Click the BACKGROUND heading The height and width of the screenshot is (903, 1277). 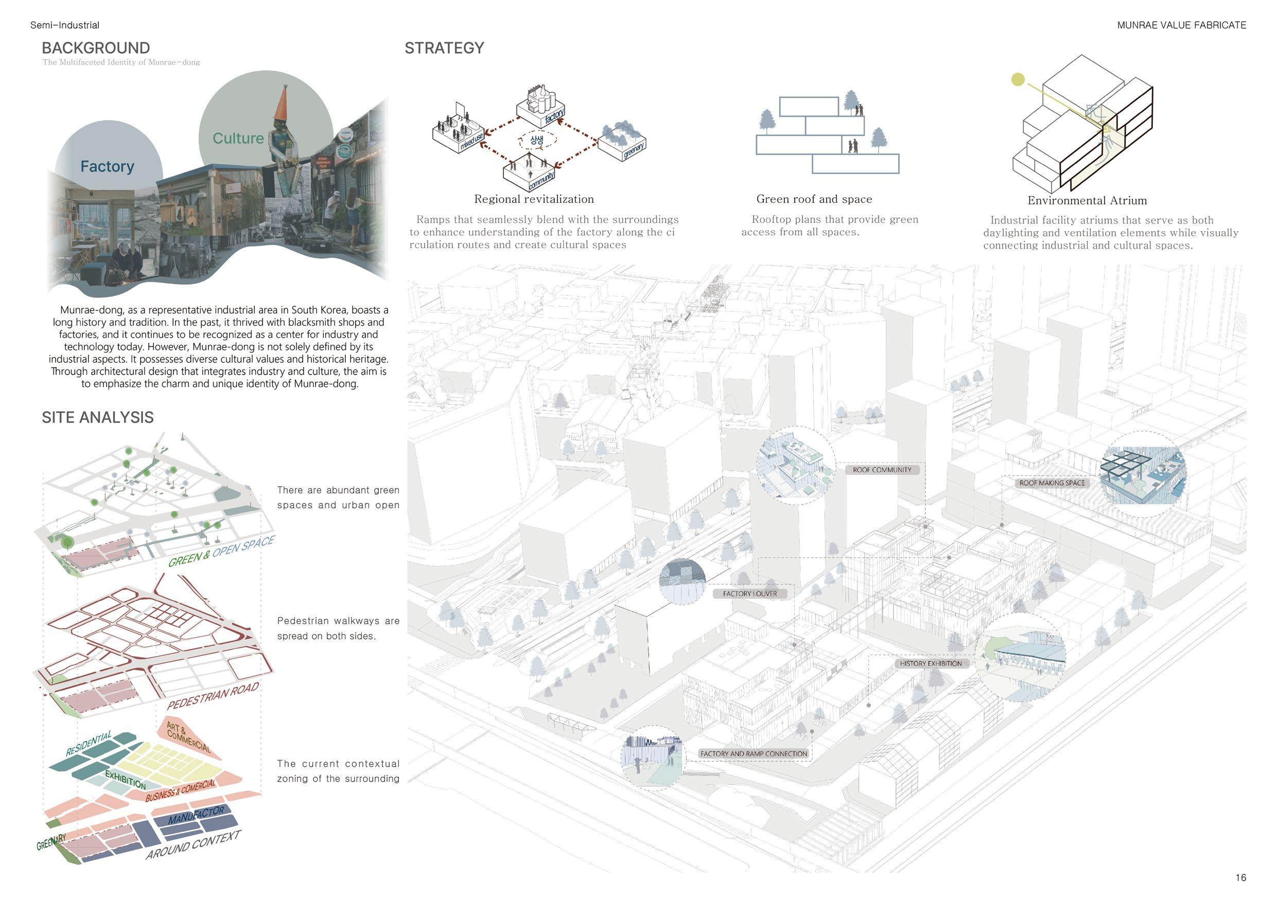coord(96,48)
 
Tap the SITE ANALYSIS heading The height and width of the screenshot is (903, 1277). coord(97,418)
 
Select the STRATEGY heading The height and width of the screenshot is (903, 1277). coord(444,48)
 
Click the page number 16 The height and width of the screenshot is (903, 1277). coord(1240,877)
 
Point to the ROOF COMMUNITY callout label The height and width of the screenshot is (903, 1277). coord(882,470)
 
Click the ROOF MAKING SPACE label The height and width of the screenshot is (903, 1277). coord(1052,483)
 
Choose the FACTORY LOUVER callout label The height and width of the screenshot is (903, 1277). coord(750,594)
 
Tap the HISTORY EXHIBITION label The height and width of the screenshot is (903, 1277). coord(931,663)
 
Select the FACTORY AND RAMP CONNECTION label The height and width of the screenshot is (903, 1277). coord(753,754)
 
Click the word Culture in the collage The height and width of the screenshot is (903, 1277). coord(238,138)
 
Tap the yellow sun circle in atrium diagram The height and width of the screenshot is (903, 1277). coord(1017,80)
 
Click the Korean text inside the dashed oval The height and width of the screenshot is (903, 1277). coord(537,140)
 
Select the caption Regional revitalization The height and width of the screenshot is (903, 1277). coord(533,199)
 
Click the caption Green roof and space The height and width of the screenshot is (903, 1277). coord(814,199)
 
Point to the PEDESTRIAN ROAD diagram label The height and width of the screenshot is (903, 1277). coord(213,696)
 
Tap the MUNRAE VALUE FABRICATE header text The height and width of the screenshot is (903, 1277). coord(1181,25)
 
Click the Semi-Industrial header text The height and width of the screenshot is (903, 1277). coord(64,25)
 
